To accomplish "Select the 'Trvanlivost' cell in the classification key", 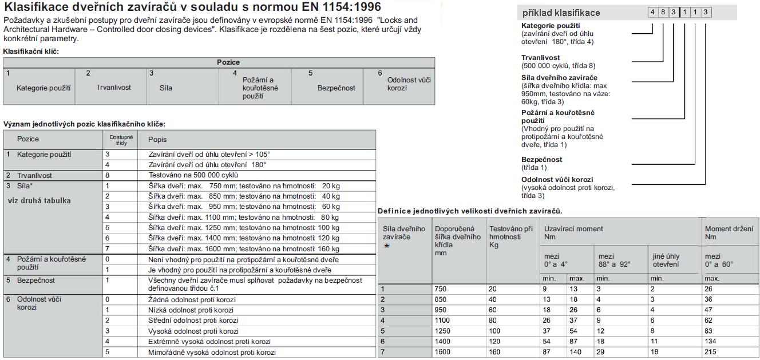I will coord(113,88).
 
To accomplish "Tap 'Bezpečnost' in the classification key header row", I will coord(336,88).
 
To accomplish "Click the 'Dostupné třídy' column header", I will coord(121,140).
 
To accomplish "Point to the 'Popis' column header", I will coord(157,140).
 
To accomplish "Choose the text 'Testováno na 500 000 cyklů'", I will coord(193,175).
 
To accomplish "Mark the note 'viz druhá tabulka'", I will coord(39,201).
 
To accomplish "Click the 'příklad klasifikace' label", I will coord(561,13).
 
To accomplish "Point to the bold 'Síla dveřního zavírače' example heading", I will coord(559,78).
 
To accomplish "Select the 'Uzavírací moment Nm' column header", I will coord(573,232).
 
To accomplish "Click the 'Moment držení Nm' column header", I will coord(729,232).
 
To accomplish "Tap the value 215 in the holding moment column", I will coord(711,351).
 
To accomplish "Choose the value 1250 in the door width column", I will coord(442,331).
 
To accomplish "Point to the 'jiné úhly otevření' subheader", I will coord(666,260).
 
